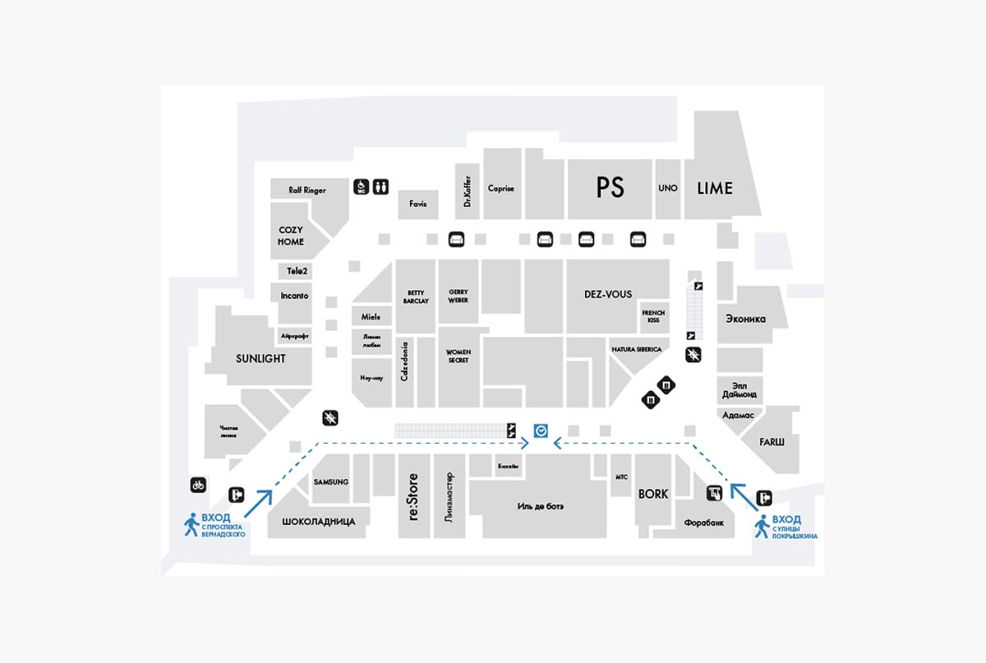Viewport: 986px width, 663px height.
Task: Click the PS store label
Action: click(x=610, y=188)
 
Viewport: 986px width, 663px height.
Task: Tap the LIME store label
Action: click(x=715, y=188)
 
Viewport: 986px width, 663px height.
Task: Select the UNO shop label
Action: click(x=668, y=188)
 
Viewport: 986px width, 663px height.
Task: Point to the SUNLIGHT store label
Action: click(x=260, y=359)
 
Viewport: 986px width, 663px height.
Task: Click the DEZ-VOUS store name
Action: click(x=608, y=294)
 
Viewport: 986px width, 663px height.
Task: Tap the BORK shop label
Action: click(x=653, y=494)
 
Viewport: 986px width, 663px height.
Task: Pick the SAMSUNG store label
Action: click(x=331, y=481)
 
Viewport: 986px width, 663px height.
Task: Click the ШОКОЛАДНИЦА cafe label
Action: click(x=319, y=522)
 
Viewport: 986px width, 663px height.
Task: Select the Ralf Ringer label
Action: click(x=307, y=190)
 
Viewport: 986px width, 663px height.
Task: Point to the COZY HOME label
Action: click(x=291, y=236)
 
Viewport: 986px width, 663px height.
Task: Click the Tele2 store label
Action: click(x=296, y=270)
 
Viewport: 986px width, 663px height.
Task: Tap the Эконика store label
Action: click(x=745, y=319)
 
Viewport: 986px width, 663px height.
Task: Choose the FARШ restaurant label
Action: click(x=772, y=442)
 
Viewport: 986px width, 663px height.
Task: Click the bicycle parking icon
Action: click(x=198, y=485)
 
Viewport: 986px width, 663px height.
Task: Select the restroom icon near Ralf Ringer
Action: click(x=380, y=186)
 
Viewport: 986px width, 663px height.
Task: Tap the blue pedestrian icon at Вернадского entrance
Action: click(x=191, y=524)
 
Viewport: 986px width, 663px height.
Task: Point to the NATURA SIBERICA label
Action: click(x=636, y=349)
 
